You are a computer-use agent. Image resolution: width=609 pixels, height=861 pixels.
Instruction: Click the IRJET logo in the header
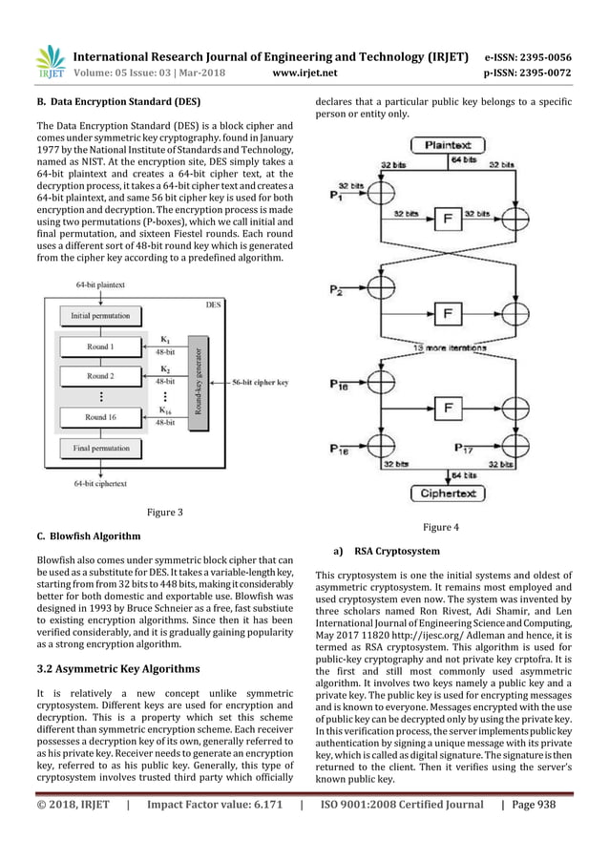(50, 62)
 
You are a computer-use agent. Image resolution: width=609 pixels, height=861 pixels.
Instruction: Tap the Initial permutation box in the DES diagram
(99, 315)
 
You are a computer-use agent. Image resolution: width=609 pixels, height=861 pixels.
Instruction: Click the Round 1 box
(99, 347)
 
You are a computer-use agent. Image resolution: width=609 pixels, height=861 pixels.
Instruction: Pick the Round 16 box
(99, 416)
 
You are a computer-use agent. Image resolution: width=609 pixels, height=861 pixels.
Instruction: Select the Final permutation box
(99, 448)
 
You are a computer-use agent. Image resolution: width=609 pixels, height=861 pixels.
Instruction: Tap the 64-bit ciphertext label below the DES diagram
(100, 483)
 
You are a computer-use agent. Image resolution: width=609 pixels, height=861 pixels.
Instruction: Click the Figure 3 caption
(164, 513)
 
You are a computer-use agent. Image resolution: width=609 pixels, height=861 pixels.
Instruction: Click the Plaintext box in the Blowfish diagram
(447, 145)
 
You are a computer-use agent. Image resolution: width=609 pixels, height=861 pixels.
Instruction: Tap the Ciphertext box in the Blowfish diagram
(447, 493)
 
